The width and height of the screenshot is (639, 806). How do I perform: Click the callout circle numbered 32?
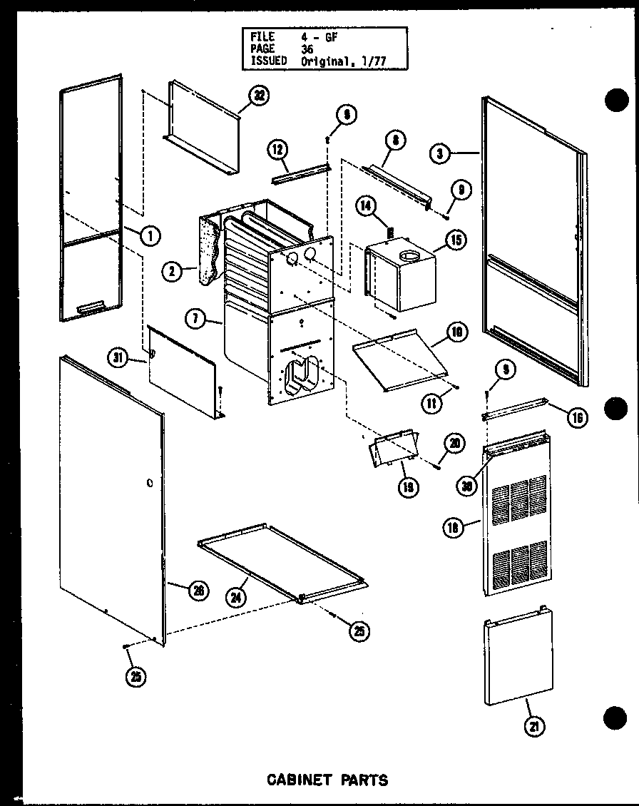pos(261,97)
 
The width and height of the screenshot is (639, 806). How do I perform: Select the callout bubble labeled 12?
pos(278,151)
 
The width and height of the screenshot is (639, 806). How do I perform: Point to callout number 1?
pos(150,234)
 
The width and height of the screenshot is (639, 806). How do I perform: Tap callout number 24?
pos(235,598)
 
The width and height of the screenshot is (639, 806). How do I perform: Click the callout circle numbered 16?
pos(576,417)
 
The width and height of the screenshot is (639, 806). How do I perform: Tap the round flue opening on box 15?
pos(411,255)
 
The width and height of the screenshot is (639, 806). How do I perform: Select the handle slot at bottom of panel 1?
pos(90,307)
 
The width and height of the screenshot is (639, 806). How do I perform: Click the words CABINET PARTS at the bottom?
pos(327,780)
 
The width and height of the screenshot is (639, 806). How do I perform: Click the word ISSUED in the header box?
pos(269,61)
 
